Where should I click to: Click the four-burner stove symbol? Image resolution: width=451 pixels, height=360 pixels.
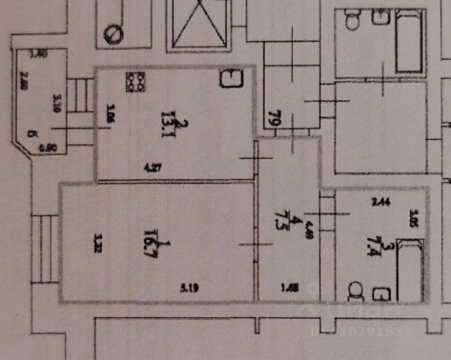pos(135,82)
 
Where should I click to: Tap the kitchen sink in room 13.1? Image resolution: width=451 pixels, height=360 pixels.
pos(230,78)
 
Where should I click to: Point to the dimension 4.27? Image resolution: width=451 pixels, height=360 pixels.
pos(153,168)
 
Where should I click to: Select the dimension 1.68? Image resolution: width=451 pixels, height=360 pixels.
pos(287,287)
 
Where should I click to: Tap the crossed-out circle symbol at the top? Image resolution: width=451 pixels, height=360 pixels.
pos(113,33)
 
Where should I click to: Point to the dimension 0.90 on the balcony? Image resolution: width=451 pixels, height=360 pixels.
pos(48,148)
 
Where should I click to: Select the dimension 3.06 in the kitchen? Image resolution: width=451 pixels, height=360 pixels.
pos(110,113)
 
